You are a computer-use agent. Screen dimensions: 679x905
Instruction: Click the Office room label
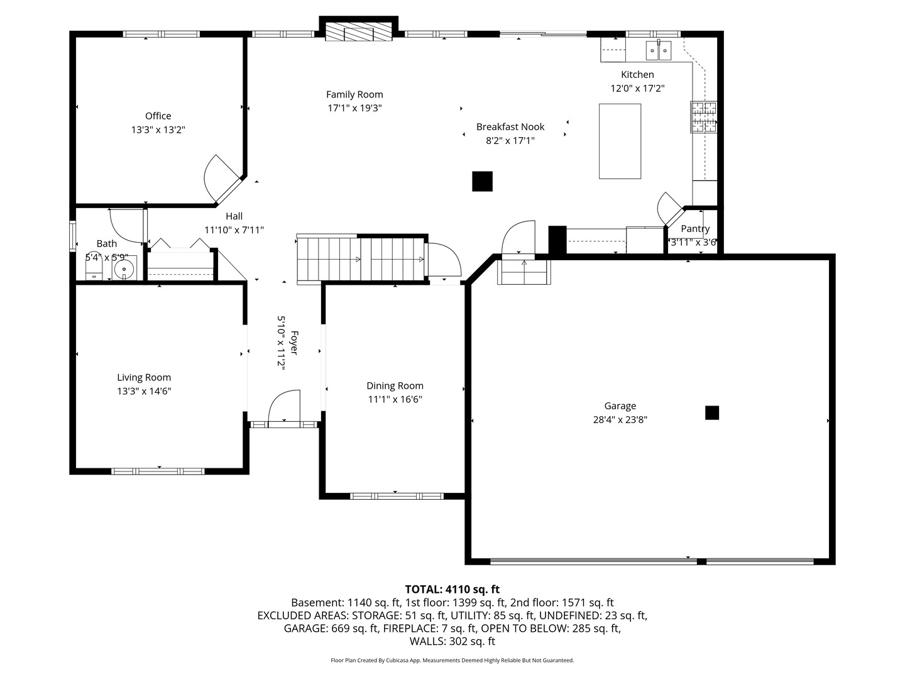pyautogui.click(x=158, y=116)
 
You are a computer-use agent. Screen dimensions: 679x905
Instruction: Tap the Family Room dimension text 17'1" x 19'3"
pyautogui.click(x=354, y=108)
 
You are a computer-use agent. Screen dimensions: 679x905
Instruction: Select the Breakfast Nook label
pyautogui.click(x=510, y=126)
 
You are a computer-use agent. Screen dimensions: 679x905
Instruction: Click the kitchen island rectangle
pyautogui.click(x=620, y=141)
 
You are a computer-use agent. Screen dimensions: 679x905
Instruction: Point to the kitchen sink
pyautogui.click(x=659, y=50)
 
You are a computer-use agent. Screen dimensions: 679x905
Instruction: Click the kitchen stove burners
pyautogui.click(x=703, y=118)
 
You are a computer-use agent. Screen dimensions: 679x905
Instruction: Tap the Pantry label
pyautogui.click(x=695, y=229)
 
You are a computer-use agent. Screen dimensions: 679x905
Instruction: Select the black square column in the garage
pyautogui.click(x=711, y=412)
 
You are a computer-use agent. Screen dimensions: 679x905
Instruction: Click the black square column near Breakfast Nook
pyautogui.click(x=482, y=181)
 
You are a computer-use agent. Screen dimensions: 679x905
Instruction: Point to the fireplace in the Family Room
pyautogui.click(x=358, y=33)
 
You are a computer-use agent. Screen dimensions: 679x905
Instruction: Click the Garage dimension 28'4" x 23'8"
pyautogui.click(x=620, y=420)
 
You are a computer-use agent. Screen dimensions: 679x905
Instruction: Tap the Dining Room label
pyautogui.click(x=395, y=385)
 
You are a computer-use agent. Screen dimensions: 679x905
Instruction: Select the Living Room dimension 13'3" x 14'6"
pyautogui.click(x=144, y=391)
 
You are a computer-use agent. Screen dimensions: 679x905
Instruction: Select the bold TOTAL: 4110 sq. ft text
pyautogui.click(x=452, y=589)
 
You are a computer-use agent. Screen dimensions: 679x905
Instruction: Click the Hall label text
pyautogui.click(x=234, y=216)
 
